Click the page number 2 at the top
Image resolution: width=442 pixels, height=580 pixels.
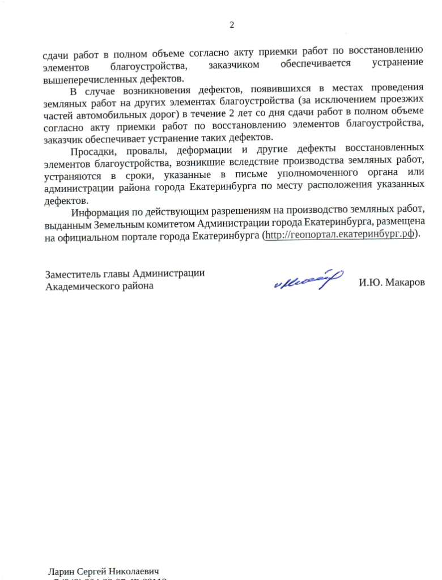click(x=231, y=24)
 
